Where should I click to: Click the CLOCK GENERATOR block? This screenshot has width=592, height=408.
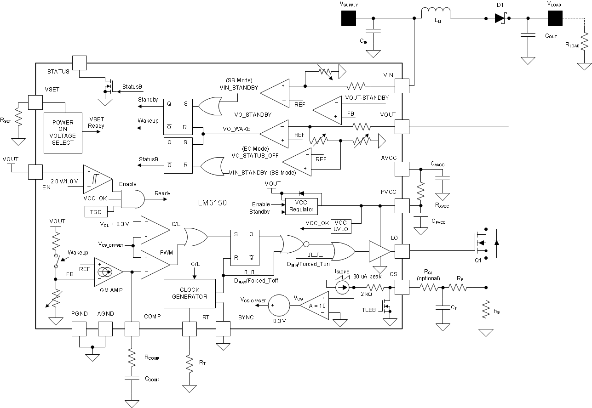click(x=190, y=294)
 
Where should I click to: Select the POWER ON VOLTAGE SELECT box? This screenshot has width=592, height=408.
click(x=63, y=133)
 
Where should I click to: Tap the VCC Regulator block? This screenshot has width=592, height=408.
click(x=301, y=205)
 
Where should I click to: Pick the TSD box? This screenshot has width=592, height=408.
click(x=96, y=211)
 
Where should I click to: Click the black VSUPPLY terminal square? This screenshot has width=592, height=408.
click(x=349, y=18)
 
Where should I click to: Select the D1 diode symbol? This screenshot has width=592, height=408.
click(x=500, y=18)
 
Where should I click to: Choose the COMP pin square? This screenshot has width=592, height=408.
click(x=132, y=329)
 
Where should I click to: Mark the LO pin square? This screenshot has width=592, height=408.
click(x=402, y=251)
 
